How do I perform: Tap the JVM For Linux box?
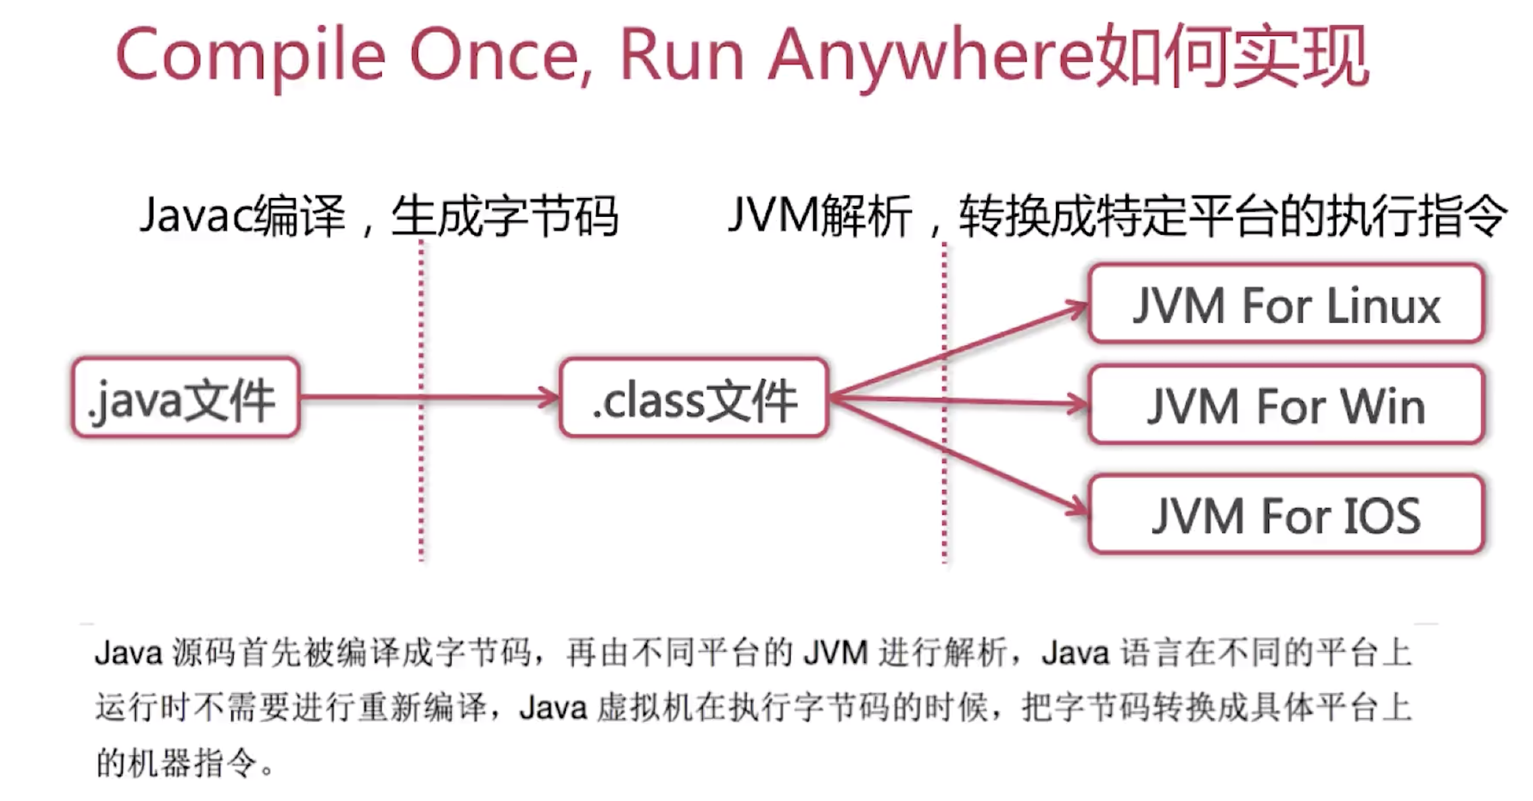(1286, 304)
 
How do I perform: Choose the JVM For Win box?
(1286, 405)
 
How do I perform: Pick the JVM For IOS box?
(1286, 515)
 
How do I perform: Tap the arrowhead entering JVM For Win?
(1077, 404)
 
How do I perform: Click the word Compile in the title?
(250, 56)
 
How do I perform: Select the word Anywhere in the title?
(930, 56)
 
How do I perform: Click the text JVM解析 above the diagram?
(819, 216)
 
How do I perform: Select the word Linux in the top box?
(1383, 306)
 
